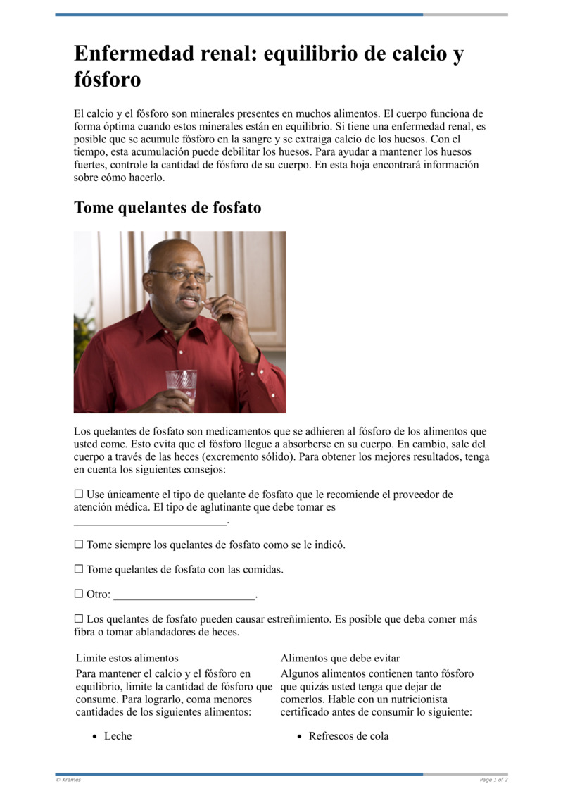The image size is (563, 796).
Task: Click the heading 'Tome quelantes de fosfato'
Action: (x=167, y=208)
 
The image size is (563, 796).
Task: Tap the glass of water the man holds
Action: (x=182, y=385)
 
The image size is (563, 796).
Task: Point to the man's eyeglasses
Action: (x=182, y=275)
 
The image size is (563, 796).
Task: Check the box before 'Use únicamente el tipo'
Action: (x=79, y=495)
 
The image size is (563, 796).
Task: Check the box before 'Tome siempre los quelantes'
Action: (x=79, y=545)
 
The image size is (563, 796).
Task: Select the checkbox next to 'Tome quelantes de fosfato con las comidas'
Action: (x=79, y=569)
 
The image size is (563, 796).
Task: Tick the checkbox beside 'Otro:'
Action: (x=79, y=594)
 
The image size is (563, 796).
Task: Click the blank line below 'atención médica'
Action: (x=151, y=521)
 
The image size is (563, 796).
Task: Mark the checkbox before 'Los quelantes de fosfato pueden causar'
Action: (x=79, y=619)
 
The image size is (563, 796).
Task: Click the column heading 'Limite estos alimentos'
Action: (x=127, y=658)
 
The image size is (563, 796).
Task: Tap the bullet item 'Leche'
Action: (x=118, y=736)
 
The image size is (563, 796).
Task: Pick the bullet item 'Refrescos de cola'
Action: (x=348, y=736)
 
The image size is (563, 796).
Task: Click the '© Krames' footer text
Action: (x=68, y=780)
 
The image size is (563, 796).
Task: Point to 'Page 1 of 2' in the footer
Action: (x=493, y=780)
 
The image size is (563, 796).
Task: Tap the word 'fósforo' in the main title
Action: (x=107, y=80)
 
